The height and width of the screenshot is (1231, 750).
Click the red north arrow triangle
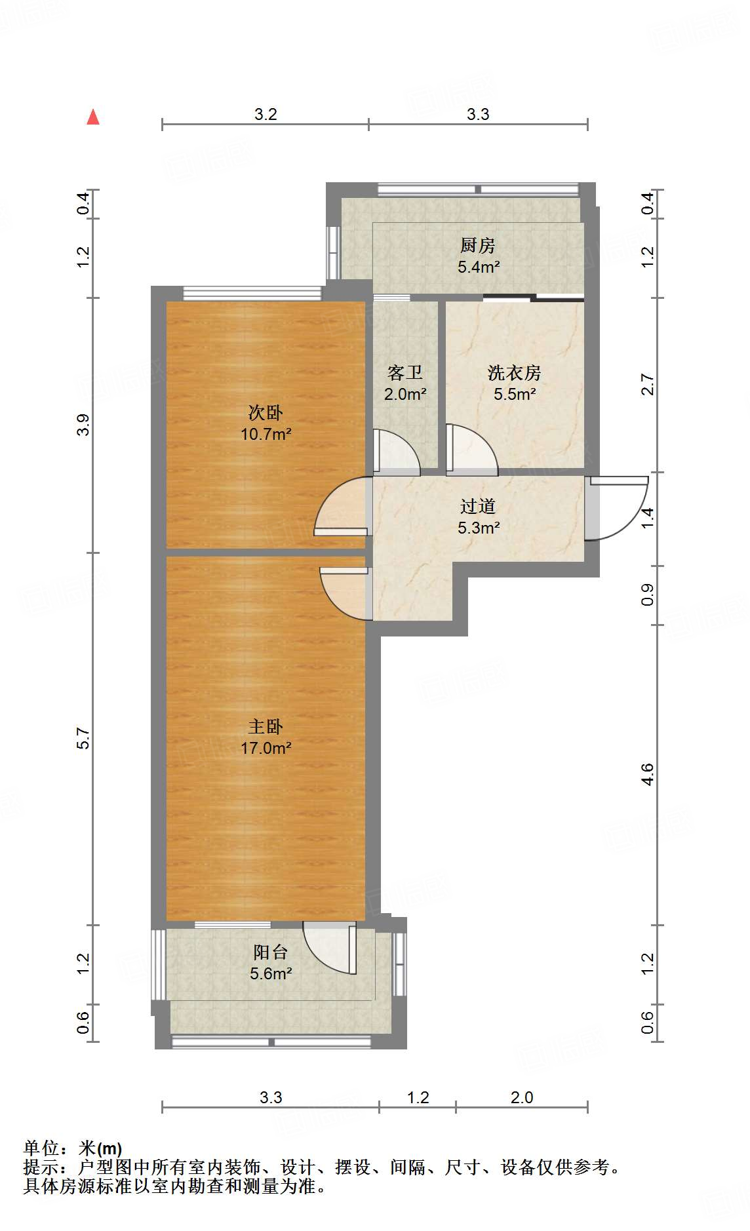[x=93, y=117]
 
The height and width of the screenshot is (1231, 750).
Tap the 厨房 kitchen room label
[x=477, y=246]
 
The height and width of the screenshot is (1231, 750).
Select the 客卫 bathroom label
[x=405, y=373]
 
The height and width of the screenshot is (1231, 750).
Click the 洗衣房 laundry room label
[x=514, y=373]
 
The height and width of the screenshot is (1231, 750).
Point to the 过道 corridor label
[x=477, y=506]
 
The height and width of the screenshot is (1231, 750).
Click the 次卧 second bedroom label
[x=266, y=412]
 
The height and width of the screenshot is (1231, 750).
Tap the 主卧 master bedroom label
[x=266, y=726]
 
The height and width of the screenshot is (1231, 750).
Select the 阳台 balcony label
[x=270, y=952]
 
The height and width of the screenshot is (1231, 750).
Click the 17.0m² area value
[x=266, y=748]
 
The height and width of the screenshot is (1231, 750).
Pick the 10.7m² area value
[x=266, y=434]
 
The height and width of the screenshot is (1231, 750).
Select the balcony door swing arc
[x=328, y=949]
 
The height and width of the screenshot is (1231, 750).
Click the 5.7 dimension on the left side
[x=83, y=739]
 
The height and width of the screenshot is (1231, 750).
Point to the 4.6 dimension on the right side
[x=647, y=774]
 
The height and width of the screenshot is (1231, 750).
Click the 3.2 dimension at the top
[x=266, y=115]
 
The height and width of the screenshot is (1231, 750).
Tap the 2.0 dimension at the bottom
[x=522, y=1097]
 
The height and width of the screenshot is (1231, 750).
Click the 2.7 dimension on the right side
[x=647, y=384]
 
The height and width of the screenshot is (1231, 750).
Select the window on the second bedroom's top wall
[x=252, y=293]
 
